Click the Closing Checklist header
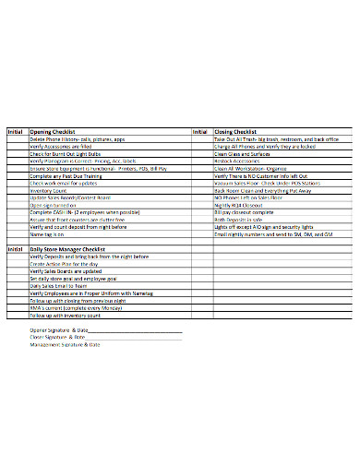(236, 132)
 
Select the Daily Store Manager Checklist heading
(68, 250)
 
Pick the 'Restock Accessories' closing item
(236, 161)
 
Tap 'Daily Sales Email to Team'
(59, 287)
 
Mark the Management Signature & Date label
(65, 344)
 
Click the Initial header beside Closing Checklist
(200, 132)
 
